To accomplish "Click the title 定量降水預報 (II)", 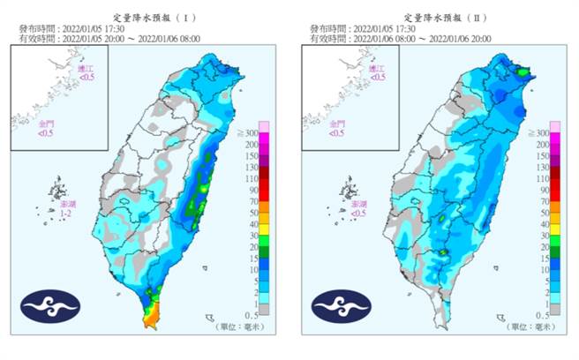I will coord(438,17).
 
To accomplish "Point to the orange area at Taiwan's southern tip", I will coord(153,313).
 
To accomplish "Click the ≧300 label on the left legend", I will coord(249,131).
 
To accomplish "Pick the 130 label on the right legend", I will coord(541,167).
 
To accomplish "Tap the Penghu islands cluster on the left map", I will coord(57,190).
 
